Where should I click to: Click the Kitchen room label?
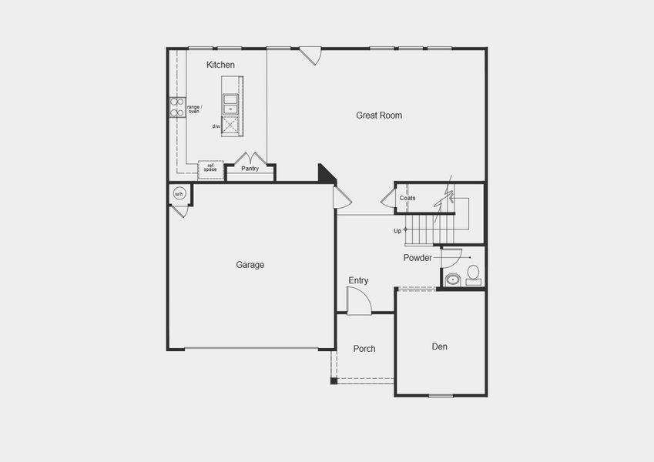pos(220,65)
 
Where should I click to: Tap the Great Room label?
pos(379,115)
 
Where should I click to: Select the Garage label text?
pos(250,265)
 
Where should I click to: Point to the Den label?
pos(439,346)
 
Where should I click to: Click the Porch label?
pos(364,349)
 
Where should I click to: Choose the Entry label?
pos(358,280)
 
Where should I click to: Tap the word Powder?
pos(418,258)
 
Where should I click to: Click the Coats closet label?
pos(407,198)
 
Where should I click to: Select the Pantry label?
pos(250,168)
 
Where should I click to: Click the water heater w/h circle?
pos(179,193)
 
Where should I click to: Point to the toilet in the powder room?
pos(472,273)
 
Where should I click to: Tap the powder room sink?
pos(451,280)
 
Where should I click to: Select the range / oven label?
pos(193,109)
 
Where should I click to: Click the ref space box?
pos(210,168)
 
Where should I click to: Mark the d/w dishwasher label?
pos(216,126)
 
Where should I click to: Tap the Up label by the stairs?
pos(397,230)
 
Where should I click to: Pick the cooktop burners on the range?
pos(176,107)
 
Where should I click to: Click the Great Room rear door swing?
pos(310,55)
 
